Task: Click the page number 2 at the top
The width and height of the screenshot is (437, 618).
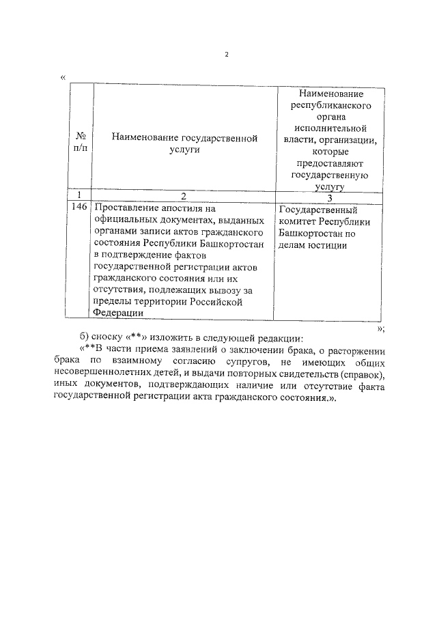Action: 227,55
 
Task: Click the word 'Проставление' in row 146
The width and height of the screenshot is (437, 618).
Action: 124,208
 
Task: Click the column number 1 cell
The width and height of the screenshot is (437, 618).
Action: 80,196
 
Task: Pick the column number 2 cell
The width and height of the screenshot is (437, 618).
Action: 183,197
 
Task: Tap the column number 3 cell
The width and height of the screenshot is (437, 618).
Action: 329,198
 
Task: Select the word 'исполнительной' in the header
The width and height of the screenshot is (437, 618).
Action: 330,128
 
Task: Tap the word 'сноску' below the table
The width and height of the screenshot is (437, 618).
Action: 108,339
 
